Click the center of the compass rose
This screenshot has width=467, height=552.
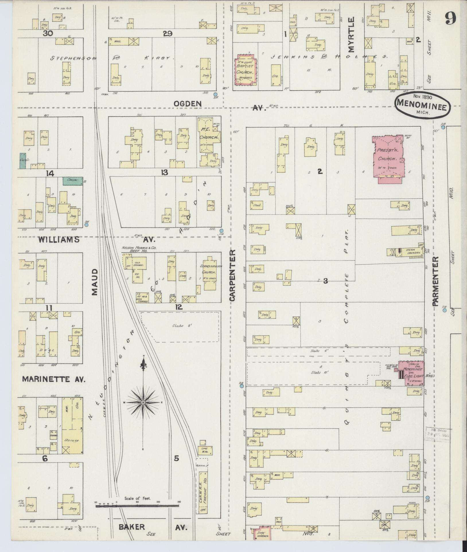143,402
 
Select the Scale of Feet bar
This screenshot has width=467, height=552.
138,482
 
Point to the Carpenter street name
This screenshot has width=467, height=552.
232,275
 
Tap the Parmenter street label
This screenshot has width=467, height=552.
436,281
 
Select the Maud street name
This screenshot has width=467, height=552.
95,282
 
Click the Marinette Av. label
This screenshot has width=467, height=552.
54,379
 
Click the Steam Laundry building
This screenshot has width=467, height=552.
410,252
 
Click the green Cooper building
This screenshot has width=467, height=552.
73,181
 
